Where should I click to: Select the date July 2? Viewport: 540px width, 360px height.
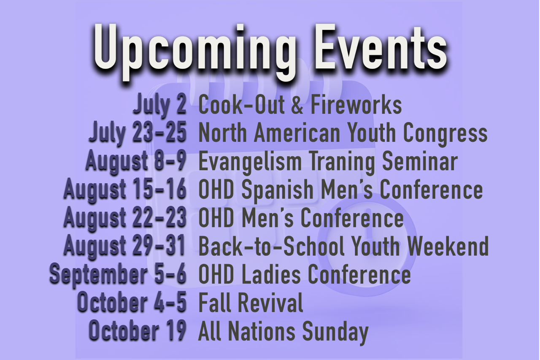pyautogui.click(x=159, y=105)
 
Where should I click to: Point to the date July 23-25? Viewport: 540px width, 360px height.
pyautogui.click(x=138, y=133)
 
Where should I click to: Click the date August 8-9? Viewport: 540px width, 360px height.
pyautogui.click(x=136, y=161)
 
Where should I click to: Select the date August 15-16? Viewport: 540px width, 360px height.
pyautogui.click(x=125, y=189)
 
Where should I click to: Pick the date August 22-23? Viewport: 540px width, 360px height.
pyautogui.click(x=125, y=217)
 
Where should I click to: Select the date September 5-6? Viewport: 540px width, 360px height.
pyautogui.click(x=118, y=274)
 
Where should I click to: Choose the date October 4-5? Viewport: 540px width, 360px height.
pyautogui.click(x=132, y=302)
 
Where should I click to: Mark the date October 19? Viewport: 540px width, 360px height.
pyautogui.click(x=138, y=330)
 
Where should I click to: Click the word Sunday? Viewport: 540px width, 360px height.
pyautogui.click(x=335, y=332)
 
